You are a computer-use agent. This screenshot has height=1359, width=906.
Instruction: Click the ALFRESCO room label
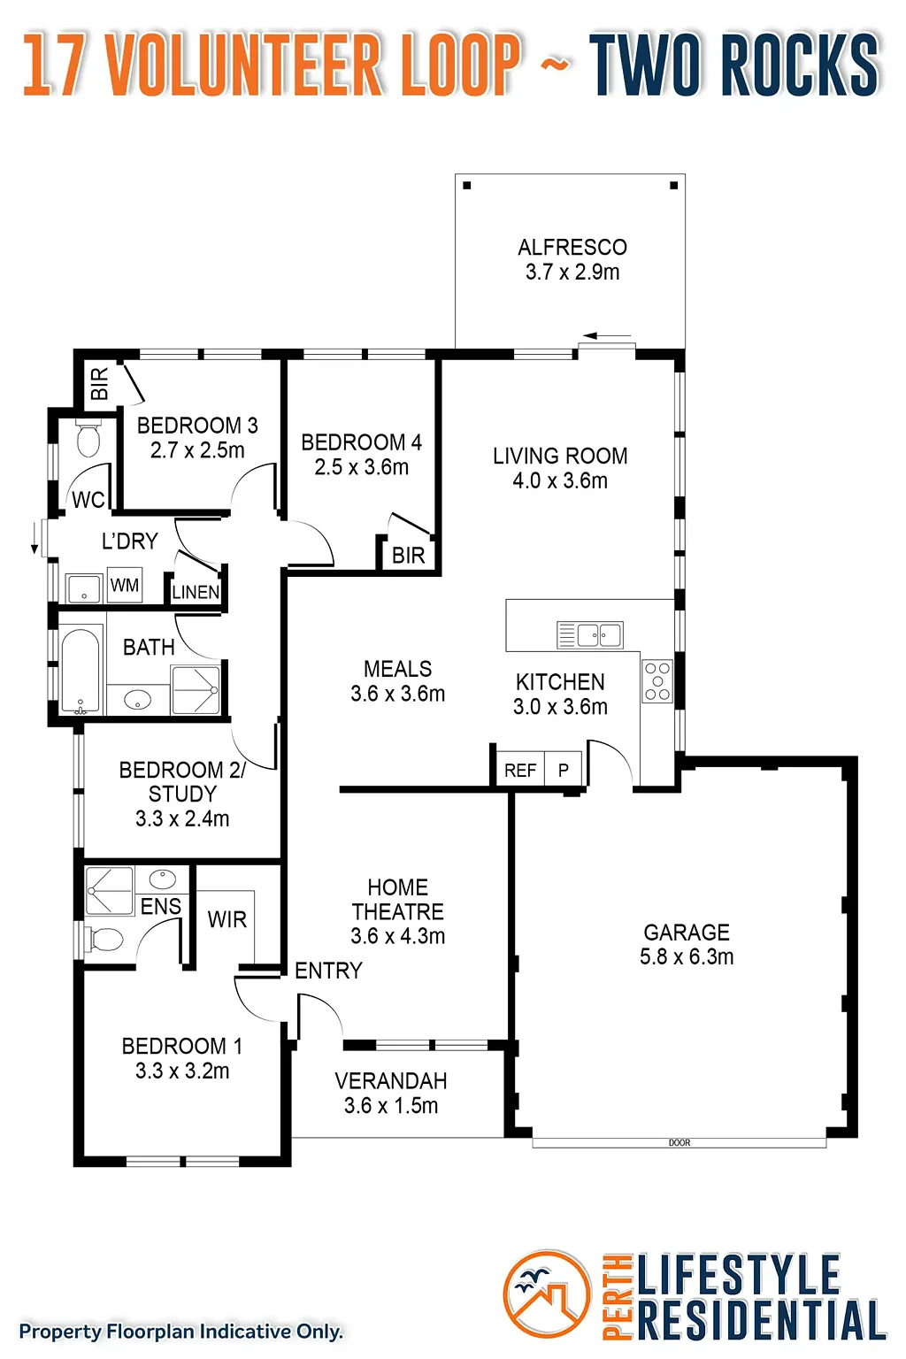tap(572, 248)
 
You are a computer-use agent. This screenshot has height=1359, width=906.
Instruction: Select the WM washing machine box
tap(125, 585)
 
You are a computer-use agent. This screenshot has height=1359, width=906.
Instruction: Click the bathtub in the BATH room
tap(81, 671)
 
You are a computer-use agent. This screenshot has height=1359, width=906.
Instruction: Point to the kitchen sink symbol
tap(590, 635)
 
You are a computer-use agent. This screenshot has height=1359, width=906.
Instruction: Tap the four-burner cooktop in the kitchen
tap(657, 681)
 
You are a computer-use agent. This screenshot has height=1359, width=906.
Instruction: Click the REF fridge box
tap(520, 770)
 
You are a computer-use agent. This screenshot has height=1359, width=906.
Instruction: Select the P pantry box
tap(564, 770)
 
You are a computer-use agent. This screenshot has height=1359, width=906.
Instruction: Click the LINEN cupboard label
tap(196, 592)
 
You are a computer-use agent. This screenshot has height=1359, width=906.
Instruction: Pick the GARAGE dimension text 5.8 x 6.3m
tap(687, 956)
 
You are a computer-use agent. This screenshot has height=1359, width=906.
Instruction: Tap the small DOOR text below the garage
tap(679, 1142)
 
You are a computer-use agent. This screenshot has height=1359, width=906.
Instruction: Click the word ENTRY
tap(328, 971)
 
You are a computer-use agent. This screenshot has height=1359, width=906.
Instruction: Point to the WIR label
tap(227, 920)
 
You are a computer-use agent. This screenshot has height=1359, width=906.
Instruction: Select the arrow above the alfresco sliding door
tap(607, 335)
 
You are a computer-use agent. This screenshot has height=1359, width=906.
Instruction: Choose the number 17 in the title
tap(53, 65)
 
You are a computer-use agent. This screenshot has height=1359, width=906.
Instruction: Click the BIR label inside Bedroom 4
tap(409, 555)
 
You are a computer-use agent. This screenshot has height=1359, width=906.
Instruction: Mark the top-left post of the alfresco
tap(466, 186)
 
